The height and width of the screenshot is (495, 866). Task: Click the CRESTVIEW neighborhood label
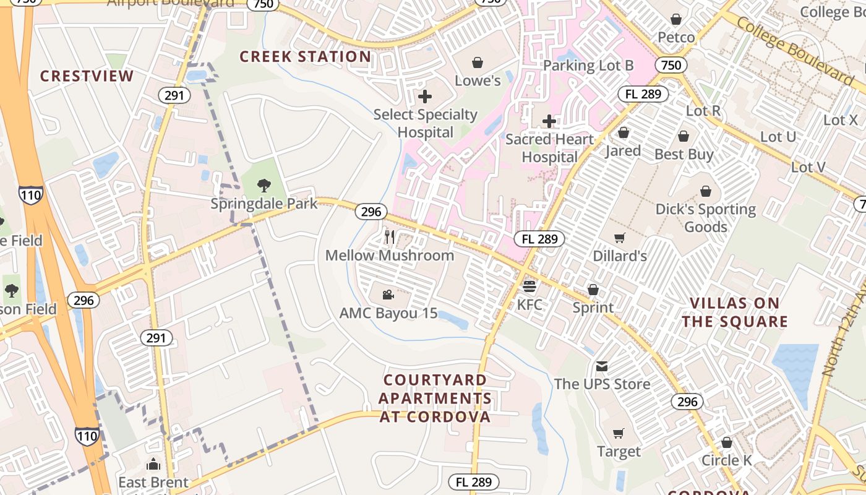tap(87, 76)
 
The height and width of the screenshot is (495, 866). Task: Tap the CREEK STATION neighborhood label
tap(305, 57)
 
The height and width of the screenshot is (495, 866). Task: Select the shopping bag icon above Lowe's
tap(477, 62)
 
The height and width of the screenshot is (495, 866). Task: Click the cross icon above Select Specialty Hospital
tap(425, 97)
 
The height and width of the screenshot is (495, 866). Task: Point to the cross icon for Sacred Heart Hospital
tap(549, 121)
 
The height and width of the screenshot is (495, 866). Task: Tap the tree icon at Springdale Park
tap(264, 185)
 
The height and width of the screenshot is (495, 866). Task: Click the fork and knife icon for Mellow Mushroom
tap(390, 237)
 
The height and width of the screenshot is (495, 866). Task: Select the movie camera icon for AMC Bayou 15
tap(388, 295)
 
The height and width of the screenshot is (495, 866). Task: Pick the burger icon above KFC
tap(529, 286)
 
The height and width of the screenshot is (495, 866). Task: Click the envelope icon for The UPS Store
tap(602, 366)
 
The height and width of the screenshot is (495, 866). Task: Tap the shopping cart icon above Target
tap(619, 433)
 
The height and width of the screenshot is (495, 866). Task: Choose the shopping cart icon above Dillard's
tap(619, 238)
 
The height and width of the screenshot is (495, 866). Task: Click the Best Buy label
tap(684, 155)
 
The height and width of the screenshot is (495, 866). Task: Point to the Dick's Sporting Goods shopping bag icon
tap(705, 192)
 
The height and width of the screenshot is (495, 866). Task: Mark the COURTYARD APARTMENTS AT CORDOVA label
tap(435, 398)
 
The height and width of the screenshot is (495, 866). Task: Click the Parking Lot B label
tap(588, 66)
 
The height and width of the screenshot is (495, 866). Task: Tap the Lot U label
tap(778, 137)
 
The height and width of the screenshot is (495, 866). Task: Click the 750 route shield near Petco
tap(671, 66)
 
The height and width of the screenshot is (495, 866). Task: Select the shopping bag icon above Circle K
tap(727, 442)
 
